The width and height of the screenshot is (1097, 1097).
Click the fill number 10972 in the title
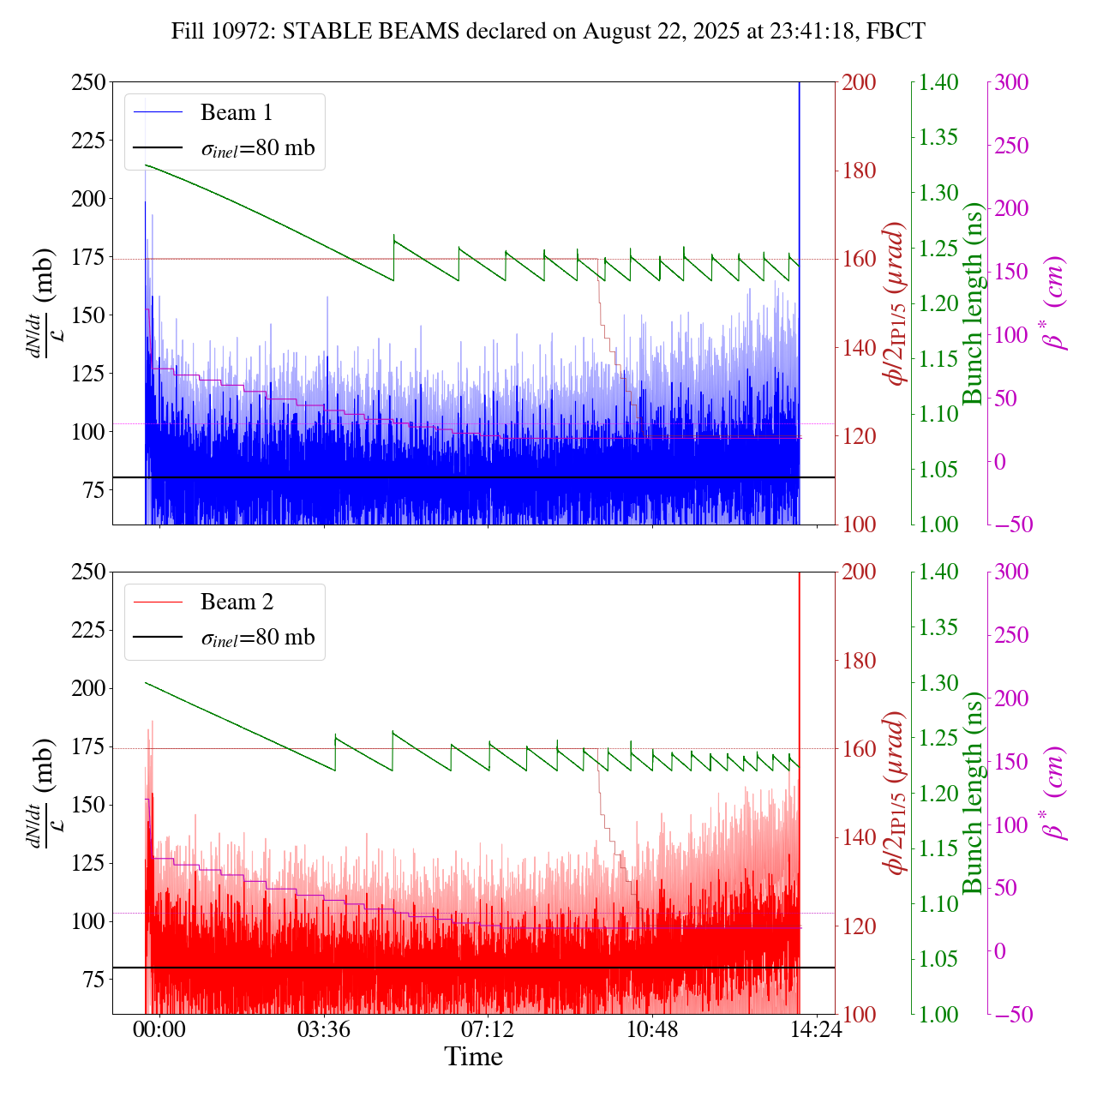tap(247, 32)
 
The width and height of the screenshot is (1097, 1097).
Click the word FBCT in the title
tap(896, 32)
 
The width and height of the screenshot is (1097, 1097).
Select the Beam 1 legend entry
tap(236, 112)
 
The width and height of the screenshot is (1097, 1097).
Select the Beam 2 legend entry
tap(237, 602)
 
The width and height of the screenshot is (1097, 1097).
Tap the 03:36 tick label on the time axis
tap(324, 1029)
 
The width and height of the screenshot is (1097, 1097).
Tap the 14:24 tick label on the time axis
tap(816, 1029)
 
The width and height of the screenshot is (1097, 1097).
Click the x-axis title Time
tap(473, 1057)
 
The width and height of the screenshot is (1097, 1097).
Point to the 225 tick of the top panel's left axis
tap(88, 141)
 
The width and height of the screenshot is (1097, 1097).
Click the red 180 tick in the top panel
tap(860, 171)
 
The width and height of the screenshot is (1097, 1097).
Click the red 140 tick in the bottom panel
tap(860, 837)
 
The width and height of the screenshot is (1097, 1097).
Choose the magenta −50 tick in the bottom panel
tap(1011, 1015)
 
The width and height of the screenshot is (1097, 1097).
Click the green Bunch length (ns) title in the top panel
tap(973, 303)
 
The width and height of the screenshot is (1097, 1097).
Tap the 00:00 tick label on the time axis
tap(159, 1029)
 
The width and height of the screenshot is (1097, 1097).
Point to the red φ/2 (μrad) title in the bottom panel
tap(896, 793)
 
